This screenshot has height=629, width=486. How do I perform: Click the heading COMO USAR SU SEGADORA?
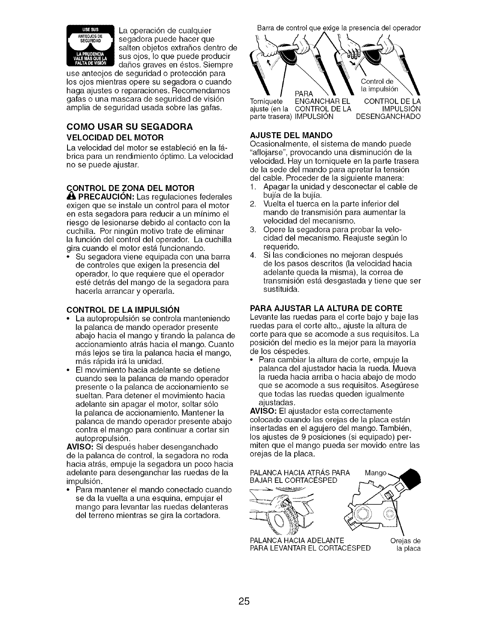point(129,127)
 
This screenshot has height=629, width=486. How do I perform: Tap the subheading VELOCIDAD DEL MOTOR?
point(115,138)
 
